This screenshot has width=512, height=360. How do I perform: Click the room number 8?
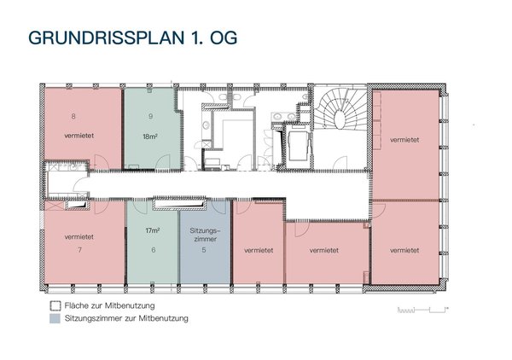73,116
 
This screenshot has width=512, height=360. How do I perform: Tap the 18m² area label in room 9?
150,136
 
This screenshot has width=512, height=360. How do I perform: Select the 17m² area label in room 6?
153,230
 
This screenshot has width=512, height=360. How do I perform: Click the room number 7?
79,250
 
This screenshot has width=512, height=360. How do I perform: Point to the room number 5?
204,250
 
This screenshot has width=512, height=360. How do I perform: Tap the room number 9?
150,116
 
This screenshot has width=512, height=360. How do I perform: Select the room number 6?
153,250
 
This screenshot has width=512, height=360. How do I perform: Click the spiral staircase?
340,109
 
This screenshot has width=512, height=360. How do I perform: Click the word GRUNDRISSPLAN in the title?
107,38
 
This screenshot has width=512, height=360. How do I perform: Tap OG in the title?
224,38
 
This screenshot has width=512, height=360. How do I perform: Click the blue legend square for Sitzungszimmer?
55,318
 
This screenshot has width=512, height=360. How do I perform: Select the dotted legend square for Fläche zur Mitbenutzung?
55,305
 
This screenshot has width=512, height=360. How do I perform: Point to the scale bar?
422,310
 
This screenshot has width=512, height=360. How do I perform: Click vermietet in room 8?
79,136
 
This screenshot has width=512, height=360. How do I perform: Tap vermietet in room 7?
79,237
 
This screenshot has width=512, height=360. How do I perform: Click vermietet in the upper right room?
404,140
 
